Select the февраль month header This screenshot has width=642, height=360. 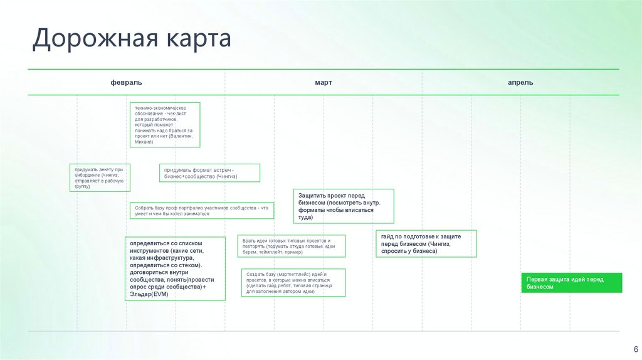tap(126, 82)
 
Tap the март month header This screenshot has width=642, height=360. tap(324, 82)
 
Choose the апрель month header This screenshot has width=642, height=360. tap(520, 82)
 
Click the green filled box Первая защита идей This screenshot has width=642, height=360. tap(571, 282)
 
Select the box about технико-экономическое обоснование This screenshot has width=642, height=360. tap(165, 125)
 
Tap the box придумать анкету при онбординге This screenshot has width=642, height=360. tap(100, 177)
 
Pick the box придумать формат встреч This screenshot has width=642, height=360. tap(209, 173)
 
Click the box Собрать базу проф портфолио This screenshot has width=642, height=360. tap(201, 211)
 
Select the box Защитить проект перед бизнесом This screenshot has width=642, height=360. tap(344, 206)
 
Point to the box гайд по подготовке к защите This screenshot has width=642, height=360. tap(426, 243)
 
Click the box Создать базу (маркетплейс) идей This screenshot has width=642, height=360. tap(293, 283)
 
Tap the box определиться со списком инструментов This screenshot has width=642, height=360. tap(175, 268)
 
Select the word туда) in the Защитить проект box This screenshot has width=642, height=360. tap(305, 218)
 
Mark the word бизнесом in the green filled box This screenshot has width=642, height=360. tap(540, 286)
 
